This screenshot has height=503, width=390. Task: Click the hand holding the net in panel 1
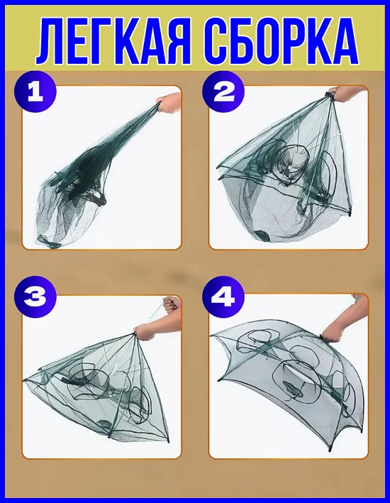pyautogui.click(x=169, y=104)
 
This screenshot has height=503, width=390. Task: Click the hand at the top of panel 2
pyautogui.click(x=348, y=94)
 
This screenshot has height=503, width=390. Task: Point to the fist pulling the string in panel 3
pyautogui.click(x=170, y=304)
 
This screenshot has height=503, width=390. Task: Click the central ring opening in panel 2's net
pyautogui.click(x=294, y=160)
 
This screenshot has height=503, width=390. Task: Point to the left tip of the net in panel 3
pyautogui.click(x=25, y=381)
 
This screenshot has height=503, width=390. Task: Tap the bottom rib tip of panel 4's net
pyautogui.click(x=330, y=451)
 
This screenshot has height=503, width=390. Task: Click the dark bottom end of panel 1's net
pyautogui.click(x=48, y=241)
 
